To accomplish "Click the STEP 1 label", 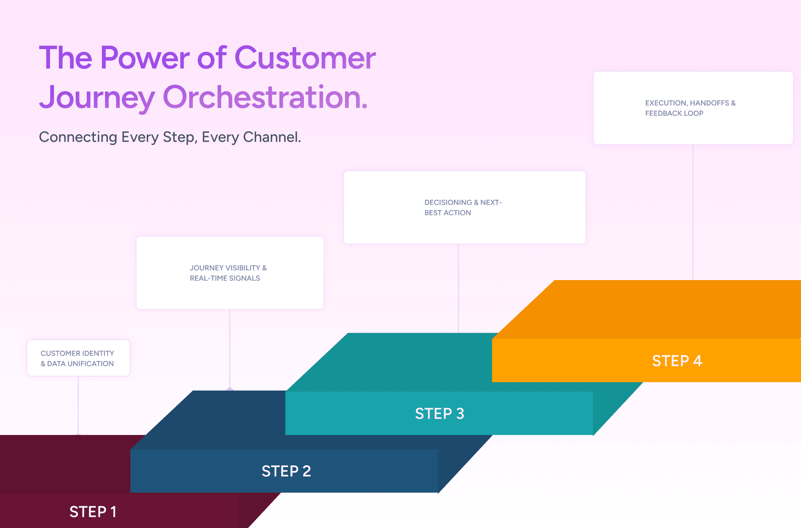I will coord(93,512).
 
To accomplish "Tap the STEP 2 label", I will coord(286,471).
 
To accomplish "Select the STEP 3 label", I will coord(440,413).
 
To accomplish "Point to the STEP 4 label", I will coord(677,361).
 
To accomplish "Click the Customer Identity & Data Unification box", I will coord(78,358).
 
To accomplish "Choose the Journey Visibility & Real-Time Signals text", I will coord(228,273).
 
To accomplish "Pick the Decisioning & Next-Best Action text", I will coord(463,207).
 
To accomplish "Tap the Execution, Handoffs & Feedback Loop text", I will coord(690,108).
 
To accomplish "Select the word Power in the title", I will coord(145,58).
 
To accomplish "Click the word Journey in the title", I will coord(97,98).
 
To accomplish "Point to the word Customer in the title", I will coord(305,58).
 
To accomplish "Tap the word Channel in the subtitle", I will coord(271,137).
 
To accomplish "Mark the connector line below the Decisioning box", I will coord(458,288).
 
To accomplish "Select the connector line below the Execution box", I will coord(693,212).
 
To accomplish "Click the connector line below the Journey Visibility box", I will coord(230,349).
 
